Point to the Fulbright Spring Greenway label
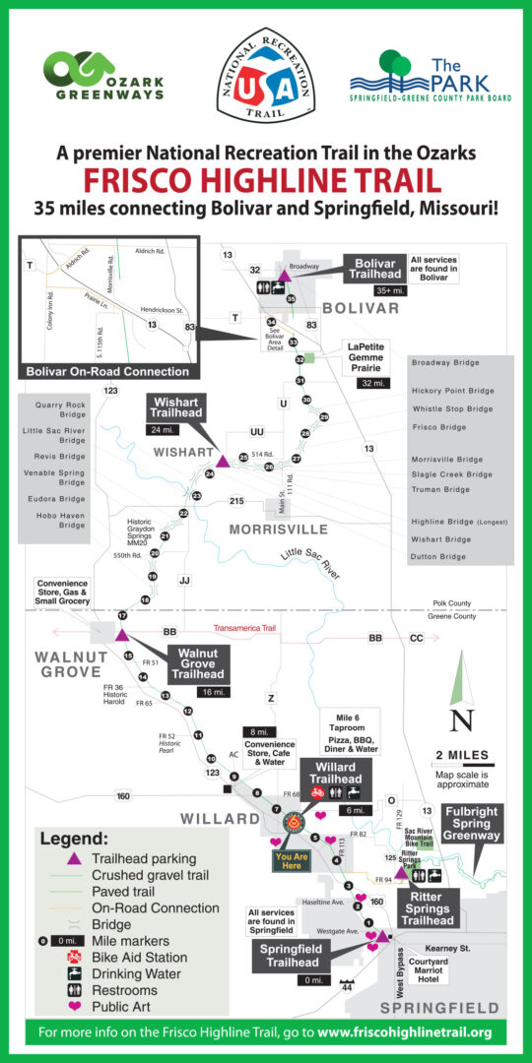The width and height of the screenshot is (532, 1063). [x=472, y=823]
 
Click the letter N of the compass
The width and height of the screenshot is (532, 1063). [x=461, y=720]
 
